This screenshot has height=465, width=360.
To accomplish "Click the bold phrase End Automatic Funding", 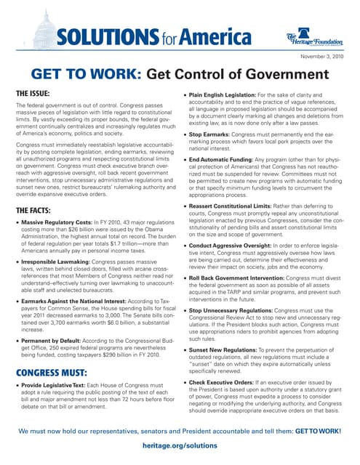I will (222, 159).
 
